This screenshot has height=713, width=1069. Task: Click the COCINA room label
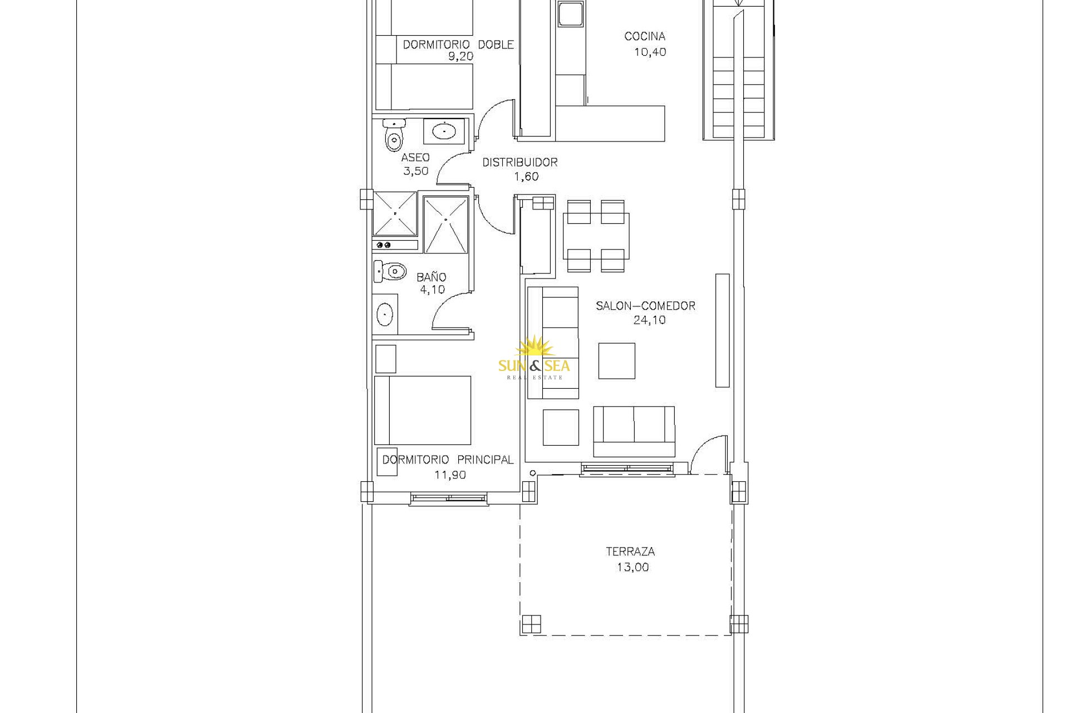point(645,36)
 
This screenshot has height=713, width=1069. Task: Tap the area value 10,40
point(650,52)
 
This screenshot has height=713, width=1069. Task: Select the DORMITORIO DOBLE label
point(458,45)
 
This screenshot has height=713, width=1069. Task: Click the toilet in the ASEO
point(394,135)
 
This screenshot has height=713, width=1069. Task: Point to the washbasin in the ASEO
point(444,131)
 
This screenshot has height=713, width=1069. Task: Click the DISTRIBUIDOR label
point(520,162)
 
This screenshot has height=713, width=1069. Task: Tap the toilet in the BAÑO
point(390,271)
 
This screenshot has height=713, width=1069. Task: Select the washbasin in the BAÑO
point(385,314)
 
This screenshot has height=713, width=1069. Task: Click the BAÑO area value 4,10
point(433,290)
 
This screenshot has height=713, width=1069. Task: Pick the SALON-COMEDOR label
point(646,306)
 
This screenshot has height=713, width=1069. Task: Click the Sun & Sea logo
point(534,358)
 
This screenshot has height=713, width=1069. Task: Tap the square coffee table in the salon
point(617,361)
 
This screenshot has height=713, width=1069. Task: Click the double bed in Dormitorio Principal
point(423,411)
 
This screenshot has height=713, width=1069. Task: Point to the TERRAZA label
point(630,551)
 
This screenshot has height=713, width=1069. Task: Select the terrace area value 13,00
point(632,567)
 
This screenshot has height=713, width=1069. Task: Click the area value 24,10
point(649,320)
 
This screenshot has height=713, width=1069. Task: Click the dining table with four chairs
point(596,236)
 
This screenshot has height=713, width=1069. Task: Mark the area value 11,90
point(450,475)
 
